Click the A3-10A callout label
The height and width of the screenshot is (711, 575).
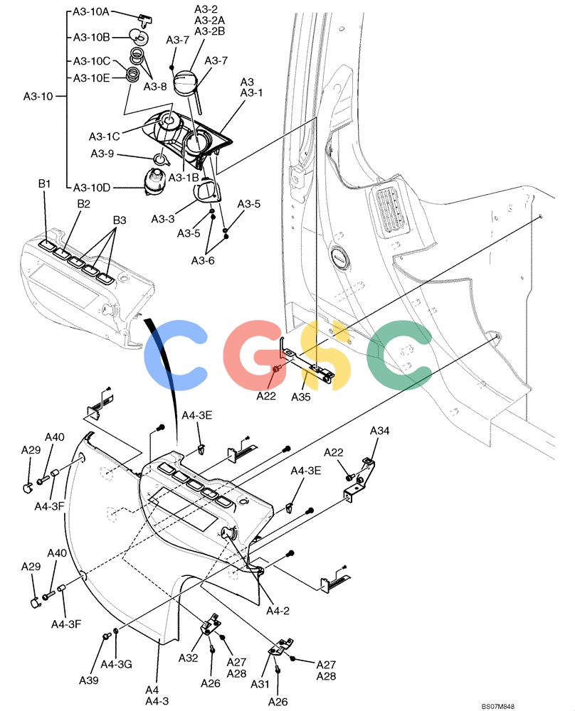pos(91,12)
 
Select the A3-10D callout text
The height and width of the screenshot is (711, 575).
pos(92,188)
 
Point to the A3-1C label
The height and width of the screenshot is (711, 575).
pos(105,137)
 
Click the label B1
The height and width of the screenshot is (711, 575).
pos(44,183)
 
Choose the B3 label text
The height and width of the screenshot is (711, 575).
pos(120,220)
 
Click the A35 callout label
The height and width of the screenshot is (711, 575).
pos(300,397)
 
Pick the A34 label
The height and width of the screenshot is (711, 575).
pos(379,431)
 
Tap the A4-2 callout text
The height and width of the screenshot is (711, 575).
pos(278,611)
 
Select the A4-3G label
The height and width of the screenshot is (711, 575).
pos(116,664)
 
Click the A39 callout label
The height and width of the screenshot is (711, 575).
pos(88,680)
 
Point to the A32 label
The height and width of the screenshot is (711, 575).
pos(189,658)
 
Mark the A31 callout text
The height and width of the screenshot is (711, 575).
pos(260,684)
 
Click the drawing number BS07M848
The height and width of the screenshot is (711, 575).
pos(498,707)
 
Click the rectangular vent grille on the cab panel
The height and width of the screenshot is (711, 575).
pos(390,210)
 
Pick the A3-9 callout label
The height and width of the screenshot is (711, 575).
pos(102,154)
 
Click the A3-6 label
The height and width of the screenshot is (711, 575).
pos(203,261)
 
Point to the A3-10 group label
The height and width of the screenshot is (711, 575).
pos(38,97)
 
